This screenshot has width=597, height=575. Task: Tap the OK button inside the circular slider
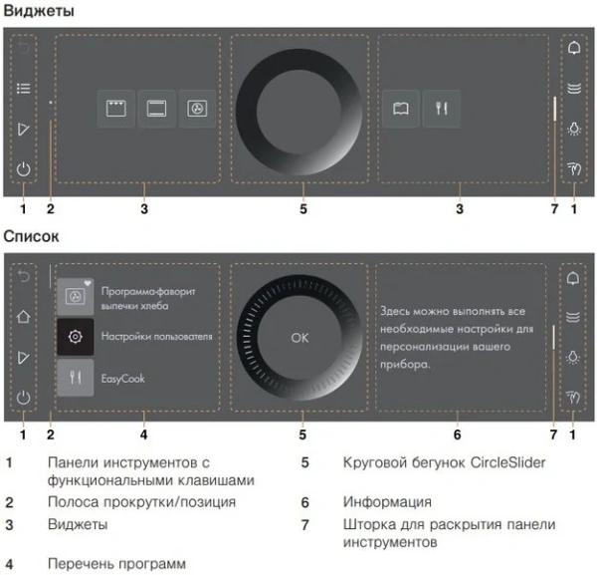[299, 338]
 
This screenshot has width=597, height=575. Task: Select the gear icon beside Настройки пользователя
[76, 337]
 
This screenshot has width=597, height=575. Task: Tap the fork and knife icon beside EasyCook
[76, 379]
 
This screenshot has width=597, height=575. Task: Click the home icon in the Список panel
[24, 317]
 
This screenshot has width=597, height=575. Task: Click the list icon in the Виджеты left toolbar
[24, 89]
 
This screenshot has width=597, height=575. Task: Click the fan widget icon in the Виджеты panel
[197, 109]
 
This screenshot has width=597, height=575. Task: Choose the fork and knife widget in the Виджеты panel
[438, 109]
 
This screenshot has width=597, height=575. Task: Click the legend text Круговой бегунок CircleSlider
[435, 463]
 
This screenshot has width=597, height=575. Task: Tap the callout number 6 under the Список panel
[457, 434]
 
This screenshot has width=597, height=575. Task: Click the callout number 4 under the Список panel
[145, 434]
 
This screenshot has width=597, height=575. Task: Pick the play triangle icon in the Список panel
[24, 357]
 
